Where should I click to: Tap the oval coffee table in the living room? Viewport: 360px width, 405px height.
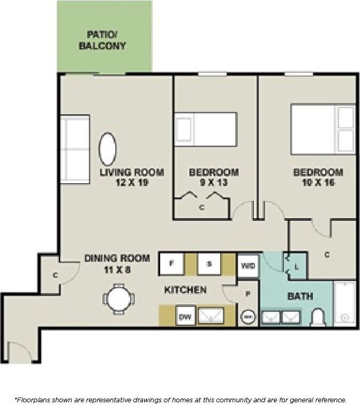[108, 149]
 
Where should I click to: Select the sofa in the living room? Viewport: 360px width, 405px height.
[74, 149]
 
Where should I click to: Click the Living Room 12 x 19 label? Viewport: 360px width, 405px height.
[131, 177]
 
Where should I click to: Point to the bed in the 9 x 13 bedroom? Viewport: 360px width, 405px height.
[206, 129]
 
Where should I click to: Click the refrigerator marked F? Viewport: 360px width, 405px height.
[171, 264]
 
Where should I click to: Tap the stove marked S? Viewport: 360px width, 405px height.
[209, 264]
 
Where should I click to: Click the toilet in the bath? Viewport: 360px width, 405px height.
[318, 318]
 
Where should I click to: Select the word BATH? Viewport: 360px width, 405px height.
[300, 296]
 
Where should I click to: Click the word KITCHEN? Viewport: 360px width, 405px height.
[185, 290]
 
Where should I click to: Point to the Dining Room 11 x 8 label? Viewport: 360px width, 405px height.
[117, 263]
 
